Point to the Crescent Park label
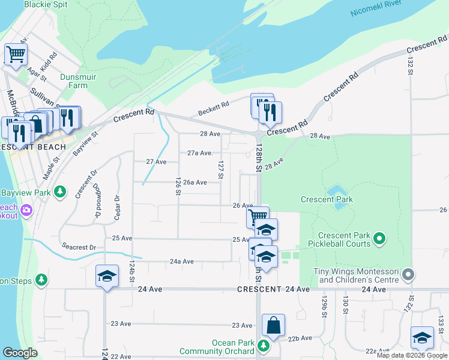coord(327,199)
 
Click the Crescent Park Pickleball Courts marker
coord(379,239)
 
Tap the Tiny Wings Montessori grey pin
coord(409,275)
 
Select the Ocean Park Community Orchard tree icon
coord(262,345)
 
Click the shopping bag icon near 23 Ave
coord(273,325)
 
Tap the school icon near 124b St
coord(107,275)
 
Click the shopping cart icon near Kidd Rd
coord(16,53)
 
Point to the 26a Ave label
coord(195,182)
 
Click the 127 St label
coord(221,169)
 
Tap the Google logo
coord(20,353)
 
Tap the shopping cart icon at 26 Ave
coord(258,216)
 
